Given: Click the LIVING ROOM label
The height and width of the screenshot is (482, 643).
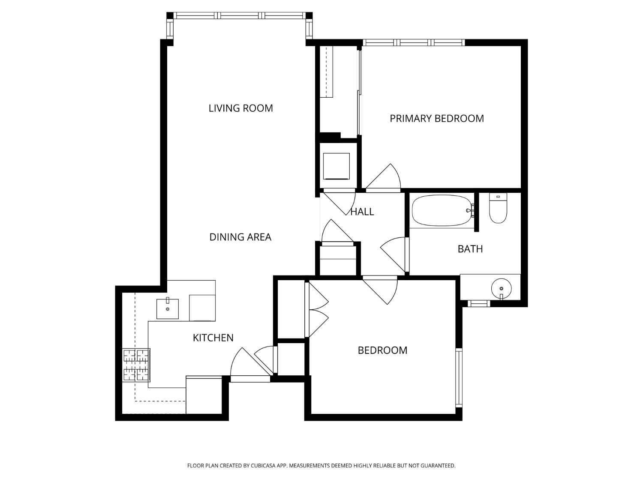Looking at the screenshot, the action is (x=240, y=108).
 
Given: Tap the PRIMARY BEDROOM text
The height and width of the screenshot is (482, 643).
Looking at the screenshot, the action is (x=436, y=119).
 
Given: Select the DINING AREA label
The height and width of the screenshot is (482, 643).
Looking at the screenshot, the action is (x=240, y=237).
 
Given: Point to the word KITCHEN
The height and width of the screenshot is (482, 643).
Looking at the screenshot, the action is (x=213, y=338).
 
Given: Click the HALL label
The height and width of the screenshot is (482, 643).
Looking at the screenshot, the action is (x=362, y=212).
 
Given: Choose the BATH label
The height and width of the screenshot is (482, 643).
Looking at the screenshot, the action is (x=470, y=249).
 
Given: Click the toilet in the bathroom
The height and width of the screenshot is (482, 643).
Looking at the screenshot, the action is (x=498, y=208).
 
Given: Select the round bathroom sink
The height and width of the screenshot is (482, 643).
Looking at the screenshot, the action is (x=501, y=288).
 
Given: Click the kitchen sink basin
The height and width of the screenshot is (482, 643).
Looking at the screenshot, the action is (x=168, y=309).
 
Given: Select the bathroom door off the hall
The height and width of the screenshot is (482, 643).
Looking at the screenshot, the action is (x=394, y=254).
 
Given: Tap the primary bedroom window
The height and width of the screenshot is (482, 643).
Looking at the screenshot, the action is (x=414, y=43).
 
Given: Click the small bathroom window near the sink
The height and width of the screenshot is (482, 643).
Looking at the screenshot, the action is (x=478, y=304).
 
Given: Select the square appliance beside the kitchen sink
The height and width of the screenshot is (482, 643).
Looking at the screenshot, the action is (x=202, y=308).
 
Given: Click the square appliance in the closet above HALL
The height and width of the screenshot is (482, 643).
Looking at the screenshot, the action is (x=337, y=166).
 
